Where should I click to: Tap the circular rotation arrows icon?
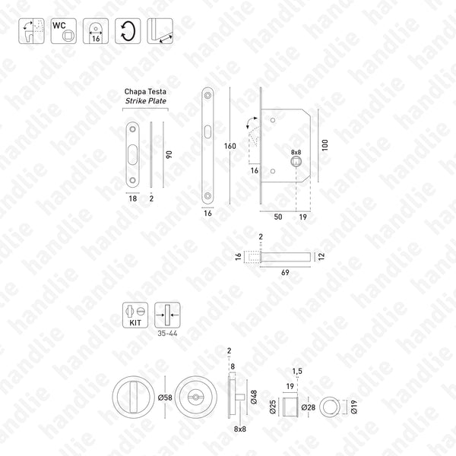pyautogui.click(x=126, y=30)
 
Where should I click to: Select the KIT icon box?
pyautogui.click(x=135, y=312)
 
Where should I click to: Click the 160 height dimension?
pyautogui.click(x=230, y=145)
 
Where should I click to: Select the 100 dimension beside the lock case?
pyautogui.click(x=325, y=144)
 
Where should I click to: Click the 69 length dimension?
pyautogui.click(x=284, y=271)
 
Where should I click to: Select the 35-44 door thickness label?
pyautogui.click(x=165, y=332)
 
